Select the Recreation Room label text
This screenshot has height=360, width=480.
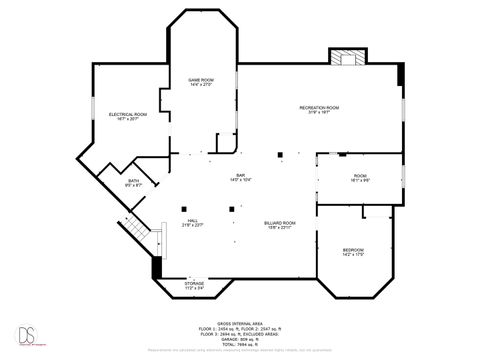point(319,107)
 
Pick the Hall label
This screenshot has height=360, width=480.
point(193,220)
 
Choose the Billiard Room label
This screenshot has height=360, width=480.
point(279,222)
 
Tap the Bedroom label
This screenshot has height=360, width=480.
point(353,249)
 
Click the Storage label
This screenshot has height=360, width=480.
point(194,284)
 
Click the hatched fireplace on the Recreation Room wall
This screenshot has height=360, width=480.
point(349,58)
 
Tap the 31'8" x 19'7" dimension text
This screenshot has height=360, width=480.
point(319,112)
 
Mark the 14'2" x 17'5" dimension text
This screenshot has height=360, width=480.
point(353,254)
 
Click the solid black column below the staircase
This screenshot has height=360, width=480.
point(155,268)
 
